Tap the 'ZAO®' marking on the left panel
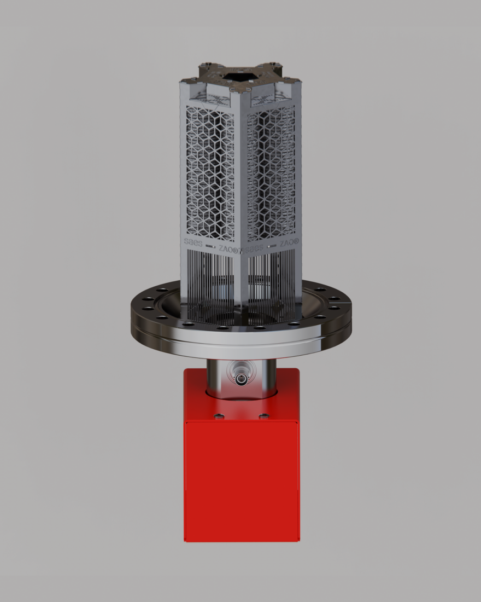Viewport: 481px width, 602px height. coord(228,249)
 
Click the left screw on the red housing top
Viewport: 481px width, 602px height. coord(219,416)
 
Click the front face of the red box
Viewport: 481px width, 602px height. coord(241,482)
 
